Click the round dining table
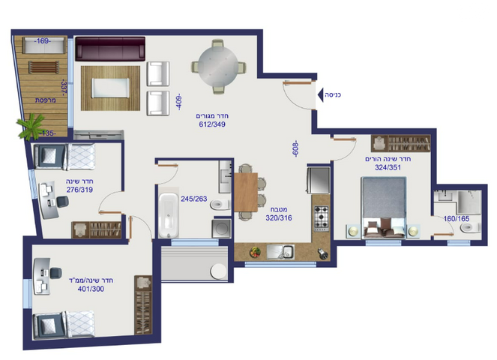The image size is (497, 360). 218,67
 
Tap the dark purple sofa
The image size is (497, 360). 110,49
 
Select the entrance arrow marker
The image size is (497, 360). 320,94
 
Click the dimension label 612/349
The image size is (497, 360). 212,124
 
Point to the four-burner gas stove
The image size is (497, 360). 321,218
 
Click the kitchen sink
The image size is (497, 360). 280,252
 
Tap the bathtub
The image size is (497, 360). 169,216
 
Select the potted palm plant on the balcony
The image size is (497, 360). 31,127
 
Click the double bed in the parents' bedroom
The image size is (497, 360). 384,208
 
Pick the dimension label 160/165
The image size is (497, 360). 456,218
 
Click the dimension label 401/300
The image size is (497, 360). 91,289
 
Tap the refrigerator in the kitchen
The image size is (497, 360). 319,180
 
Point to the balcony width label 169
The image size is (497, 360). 43,41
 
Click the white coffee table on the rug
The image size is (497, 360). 110,88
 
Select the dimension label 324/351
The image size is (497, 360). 388,167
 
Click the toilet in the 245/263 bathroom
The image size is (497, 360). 220,205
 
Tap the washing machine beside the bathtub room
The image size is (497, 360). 221,228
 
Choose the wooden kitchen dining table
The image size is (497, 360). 246,193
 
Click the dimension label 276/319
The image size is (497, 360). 79,190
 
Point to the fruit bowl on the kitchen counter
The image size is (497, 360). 255,252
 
